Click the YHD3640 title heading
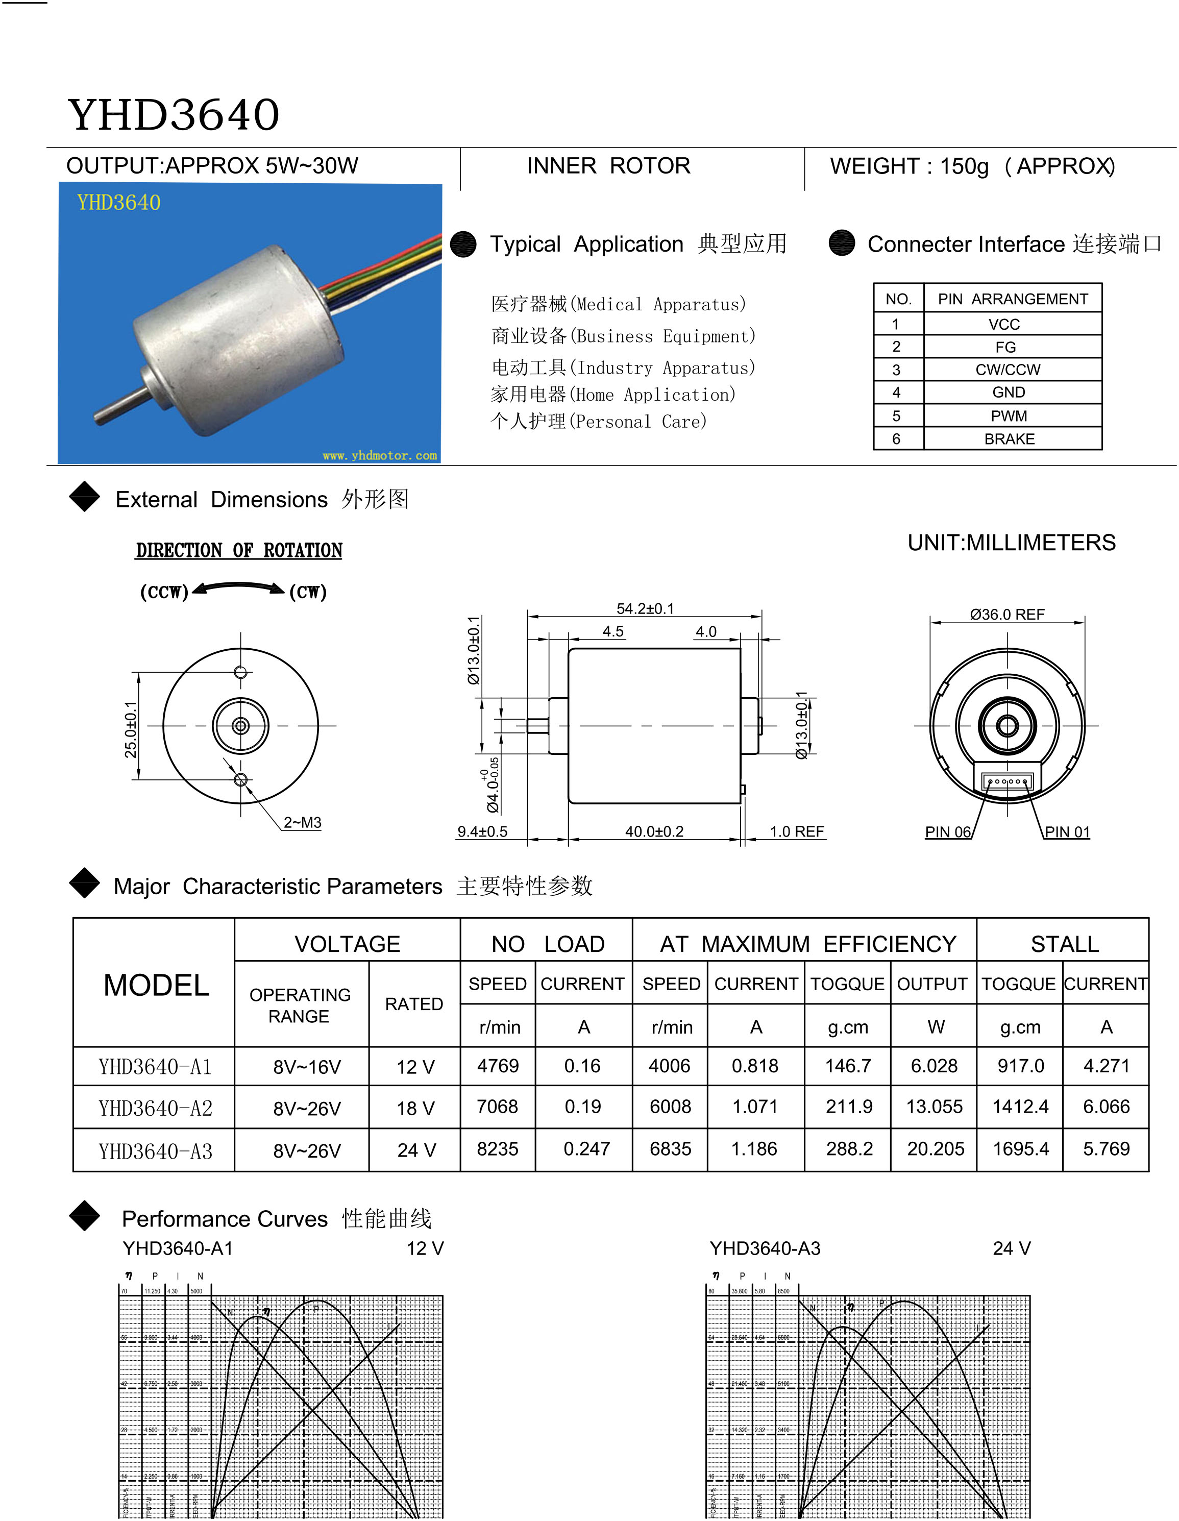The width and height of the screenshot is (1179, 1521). point(174,115)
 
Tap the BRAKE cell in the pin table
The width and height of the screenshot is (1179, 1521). point(1009,439)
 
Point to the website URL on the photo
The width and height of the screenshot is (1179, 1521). point(380,455)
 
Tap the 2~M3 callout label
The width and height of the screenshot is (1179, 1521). point(302,822)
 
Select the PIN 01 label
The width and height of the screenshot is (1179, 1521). point(1067,831)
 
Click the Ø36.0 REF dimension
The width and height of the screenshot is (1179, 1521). point(1007,614)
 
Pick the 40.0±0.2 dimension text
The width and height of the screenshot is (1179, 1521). point(654,831)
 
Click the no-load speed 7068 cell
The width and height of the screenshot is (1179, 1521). point(497,1107)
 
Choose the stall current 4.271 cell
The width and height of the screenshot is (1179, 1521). point(1106,1066)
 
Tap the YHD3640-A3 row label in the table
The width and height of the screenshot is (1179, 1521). point(155,1151)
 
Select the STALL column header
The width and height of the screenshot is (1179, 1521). point(1064,944)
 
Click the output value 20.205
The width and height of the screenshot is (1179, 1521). point(935,1149)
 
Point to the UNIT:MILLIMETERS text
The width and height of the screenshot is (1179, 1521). point(1011,543)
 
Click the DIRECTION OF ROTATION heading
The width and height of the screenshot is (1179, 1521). point(239,551)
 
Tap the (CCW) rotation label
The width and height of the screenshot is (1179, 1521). point(164,592)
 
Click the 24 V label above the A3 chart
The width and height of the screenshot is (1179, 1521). point(1011,1248)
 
